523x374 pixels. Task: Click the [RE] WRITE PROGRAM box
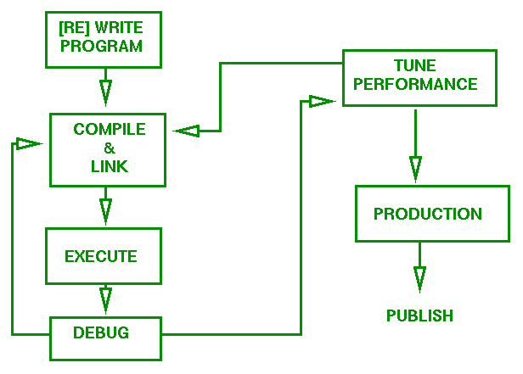[x=103, y=38]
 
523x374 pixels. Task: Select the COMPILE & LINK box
[x=109, y=149]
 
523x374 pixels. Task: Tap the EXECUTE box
[x=103, y=256]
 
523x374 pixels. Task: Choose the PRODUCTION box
[x=427, y=214]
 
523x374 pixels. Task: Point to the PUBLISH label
[x=419, y=315]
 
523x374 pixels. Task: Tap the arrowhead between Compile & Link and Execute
[x=104, y=208]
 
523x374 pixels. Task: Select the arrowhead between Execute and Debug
[x=104, y=299]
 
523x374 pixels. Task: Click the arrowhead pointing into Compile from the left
[x=28, y=143]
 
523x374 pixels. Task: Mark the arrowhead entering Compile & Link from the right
[x=187, y=131]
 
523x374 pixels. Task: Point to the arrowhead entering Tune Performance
[x=321, y=102]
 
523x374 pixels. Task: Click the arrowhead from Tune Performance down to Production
[x=414, y=167]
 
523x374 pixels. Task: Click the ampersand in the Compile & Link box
[x=109, y=148]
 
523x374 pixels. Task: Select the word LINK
[x=109, y=167]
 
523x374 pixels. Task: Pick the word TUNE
[x=414, y=65]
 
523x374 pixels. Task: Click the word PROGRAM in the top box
[x=102, y=47]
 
